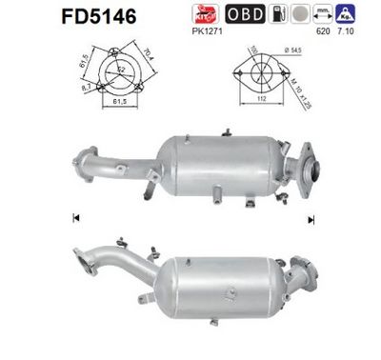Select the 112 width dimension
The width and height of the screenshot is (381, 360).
(259, 107)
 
